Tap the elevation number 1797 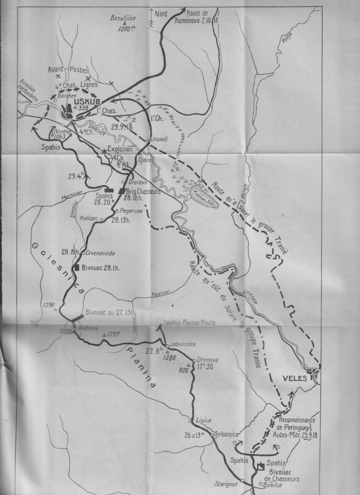tap(114, 334)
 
